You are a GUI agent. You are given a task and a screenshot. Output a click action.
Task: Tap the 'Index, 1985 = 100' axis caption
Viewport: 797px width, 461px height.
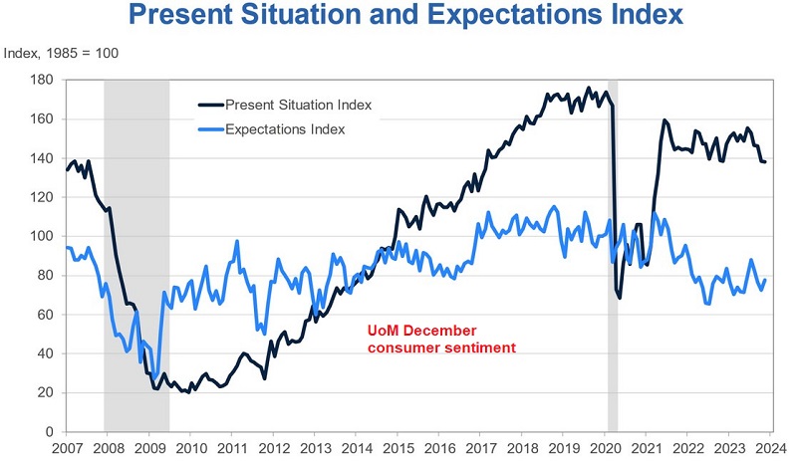point(61,54)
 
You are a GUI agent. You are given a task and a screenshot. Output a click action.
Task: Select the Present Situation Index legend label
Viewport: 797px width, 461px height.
point(298,105)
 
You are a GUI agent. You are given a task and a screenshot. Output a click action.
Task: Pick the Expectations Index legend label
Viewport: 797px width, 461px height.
point(285,129)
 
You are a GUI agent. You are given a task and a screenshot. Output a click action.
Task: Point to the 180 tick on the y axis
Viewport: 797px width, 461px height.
point(42,80)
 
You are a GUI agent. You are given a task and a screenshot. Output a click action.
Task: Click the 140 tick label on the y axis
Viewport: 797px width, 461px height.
point(42,158)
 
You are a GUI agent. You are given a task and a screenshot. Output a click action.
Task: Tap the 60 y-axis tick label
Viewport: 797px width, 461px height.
point(46,315)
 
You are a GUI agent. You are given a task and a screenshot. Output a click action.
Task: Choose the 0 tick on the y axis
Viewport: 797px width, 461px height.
point(49,432)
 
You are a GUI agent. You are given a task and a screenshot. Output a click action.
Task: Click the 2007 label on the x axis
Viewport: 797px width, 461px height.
point(67,449)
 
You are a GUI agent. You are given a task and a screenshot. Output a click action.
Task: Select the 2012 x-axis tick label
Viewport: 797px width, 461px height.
point(273,449)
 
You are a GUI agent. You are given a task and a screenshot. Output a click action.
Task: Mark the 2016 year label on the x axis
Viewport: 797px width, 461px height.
point(439,449)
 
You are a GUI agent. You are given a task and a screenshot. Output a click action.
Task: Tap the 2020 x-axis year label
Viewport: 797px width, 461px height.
point(605,449)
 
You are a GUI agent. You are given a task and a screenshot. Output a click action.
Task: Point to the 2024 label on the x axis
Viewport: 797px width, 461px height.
point(770,449)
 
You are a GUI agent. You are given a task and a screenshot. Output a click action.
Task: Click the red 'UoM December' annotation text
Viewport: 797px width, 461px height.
point(421,331)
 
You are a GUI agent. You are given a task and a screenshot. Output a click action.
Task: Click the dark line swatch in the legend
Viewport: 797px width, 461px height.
point(210,105)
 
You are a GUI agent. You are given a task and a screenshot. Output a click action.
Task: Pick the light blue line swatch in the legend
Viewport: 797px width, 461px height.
point(210,129)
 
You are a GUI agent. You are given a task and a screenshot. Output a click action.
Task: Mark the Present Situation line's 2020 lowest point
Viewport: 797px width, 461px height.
point(620,298)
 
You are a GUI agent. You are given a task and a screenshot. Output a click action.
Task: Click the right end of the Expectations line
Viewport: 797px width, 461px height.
point(765,280)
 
